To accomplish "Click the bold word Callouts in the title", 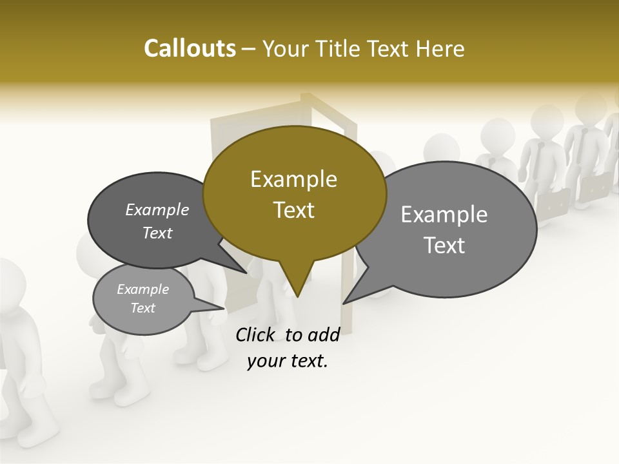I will pyautogui.click(x=190, y=48).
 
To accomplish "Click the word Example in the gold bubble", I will pyautogui.click(x=293, y=179).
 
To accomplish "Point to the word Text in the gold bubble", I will pyautogui.click(x=293, y=210).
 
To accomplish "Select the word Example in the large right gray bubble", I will pyautogui.click(x=444, y=215).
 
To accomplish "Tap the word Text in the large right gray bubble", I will pyautogui.click(x=445, y=246).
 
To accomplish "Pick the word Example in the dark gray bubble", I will pyautogui.click(x=157, y=209).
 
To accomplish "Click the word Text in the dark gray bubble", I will pyautogui.click(x=157, y=233).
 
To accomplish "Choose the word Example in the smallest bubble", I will pyautogui.click(x=142, y=289).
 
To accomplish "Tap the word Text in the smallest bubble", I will pyautogui.click(x=142, y=308).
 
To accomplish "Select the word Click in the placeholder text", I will pyautogui.click(x=255, y=334).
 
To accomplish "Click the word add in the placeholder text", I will pyautogui.click(x=323, y=334).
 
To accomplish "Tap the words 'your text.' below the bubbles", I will pyautogui.click(x=288, y=361).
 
